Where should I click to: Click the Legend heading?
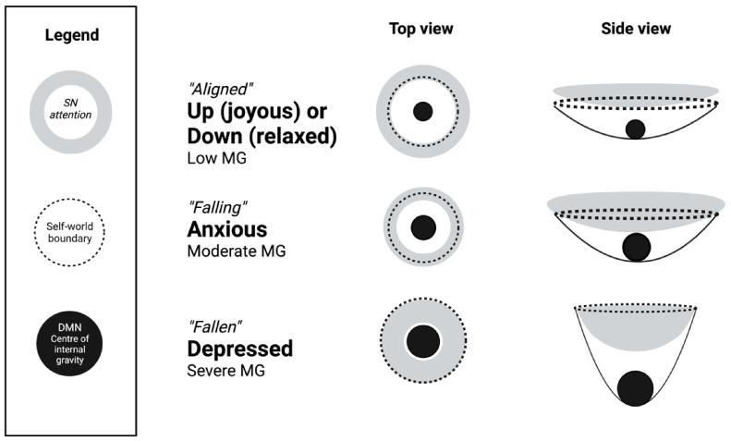pos(72,35)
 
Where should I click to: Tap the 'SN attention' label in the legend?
pos(71,108)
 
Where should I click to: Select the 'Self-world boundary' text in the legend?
pos(69,232)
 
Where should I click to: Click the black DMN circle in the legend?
pos(69,344)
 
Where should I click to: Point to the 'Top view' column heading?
pos(421,29)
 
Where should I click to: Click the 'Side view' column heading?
pos(636,29)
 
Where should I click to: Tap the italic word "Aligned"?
pos(220,89)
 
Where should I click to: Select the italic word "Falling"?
pos(217,206)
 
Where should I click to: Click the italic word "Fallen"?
pos(215,326)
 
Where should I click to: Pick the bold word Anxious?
pos(227,229)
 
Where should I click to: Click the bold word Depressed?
pos(240,349)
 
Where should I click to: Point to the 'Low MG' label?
pos(217,158)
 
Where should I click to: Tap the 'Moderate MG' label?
pos(237,251)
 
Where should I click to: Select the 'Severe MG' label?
pos(226,371)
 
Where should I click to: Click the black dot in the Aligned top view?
pos(423,112)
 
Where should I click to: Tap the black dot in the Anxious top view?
pos(423,227)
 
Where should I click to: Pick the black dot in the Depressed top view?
pos(423,341)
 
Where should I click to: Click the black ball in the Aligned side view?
pos(636,129)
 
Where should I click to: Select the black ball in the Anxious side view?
pos(637,247)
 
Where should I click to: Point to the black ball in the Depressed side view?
pos(635,389)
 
